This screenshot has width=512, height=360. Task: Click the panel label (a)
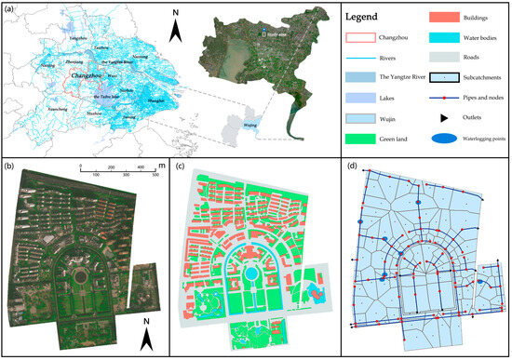[10, 8]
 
